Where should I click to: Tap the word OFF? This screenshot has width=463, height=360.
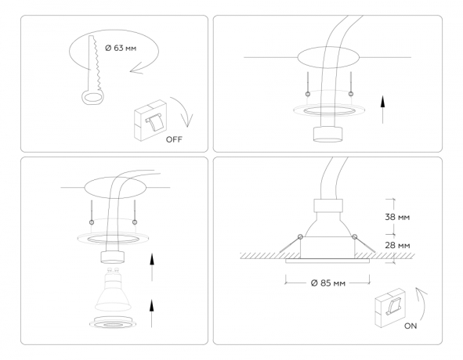(x=173, y=140)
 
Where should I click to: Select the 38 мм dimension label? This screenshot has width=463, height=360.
(x=399, y=217)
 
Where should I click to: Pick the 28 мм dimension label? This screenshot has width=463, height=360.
(x=399, y=246)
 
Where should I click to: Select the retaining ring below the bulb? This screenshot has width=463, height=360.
(x=114, y=322)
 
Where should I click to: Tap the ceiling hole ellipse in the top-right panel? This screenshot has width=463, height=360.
(x=327, y=58)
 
